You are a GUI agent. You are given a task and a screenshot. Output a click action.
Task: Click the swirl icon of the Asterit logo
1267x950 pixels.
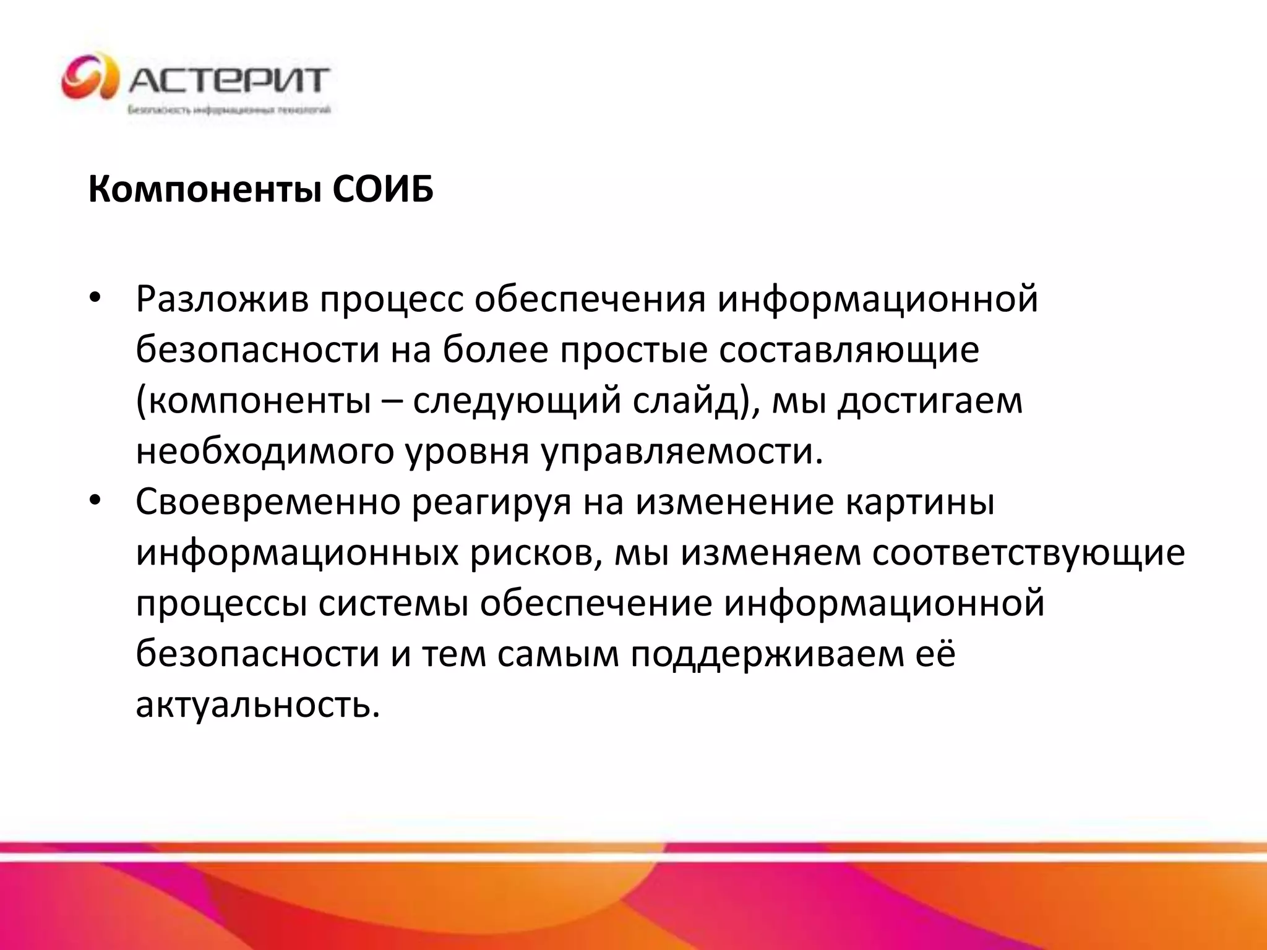(x=90, y=77)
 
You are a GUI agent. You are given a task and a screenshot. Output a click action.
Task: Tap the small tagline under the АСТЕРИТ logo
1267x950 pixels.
(x=230, y=111)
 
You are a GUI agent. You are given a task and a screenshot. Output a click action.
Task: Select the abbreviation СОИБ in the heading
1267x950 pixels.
(x=383, y=189)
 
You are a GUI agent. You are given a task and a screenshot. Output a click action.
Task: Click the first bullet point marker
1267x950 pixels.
(x=94, y=299)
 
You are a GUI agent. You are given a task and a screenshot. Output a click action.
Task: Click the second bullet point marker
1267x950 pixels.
(x=94, y=501)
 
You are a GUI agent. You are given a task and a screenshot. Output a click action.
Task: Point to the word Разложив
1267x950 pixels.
(x=222, y=299)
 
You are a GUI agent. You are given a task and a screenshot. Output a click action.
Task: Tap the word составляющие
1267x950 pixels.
(x=849, y=350)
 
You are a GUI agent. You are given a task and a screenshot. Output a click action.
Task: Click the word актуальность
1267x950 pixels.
(x=257, y=705)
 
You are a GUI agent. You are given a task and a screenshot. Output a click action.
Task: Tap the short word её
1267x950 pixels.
(x=935, y=654)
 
